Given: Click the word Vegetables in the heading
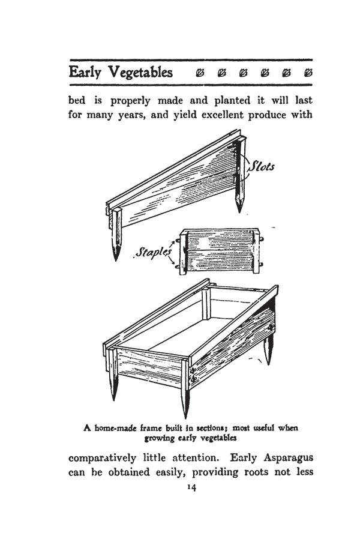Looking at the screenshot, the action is pyautogui.click(x=141, y=73).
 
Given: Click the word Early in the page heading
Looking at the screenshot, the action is pyautogui.click(x=85, y=73).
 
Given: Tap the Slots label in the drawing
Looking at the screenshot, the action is pyautogui.click(x=262, y=166).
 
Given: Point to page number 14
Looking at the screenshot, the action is pyautogui.click(x=191, y=488).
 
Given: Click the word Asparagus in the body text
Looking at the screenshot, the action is pyautogui.click(x=287, y=458).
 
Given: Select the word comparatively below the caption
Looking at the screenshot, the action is pyautogui.click(x=102, y=458).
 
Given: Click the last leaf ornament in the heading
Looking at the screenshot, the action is pyautogui.click(x=308, y=73).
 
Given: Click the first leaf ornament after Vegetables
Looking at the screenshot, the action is pyautogui.click(x=200, y=73).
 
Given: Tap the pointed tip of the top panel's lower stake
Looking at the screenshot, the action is pyautogui.click(x=116, y=260).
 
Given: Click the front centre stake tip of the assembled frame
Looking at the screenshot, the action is pyautogui.click(x=185, y=417).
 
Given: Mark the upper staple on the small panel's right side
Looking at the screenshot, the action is pyautogui.click(x=262, y=239).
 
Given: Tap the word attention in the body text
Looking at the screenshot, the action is pyautogui.click(x=194, y=458).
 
